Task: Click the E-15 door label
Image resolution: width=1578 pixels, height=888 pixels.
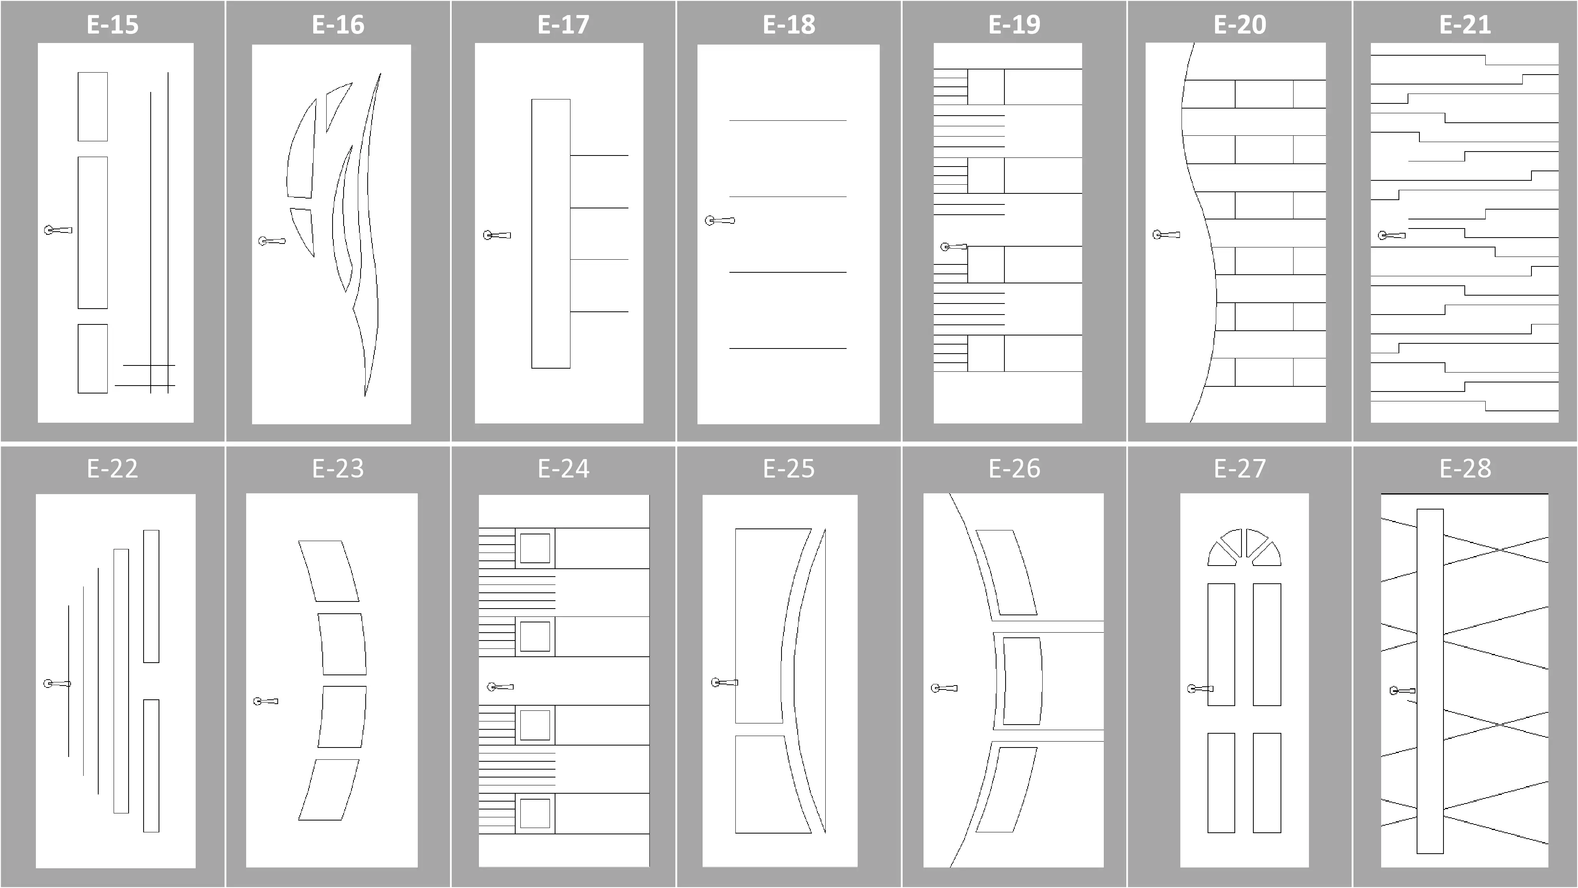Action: (113, 24)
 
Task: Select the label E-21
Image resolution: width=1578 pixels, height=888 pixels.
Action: (1465, 24)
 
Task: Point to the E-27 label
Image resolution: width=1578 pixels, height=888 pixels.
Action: (1240, 468)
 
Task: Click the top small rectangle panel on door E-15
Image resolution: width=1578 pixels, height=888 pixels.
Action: (92, 107)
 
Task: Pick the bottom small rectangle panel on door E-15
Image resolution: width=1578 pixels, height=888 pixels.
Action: (92, 358)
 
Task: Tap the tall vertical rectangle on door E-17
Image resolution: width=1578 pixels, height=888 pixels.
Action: (551, 234)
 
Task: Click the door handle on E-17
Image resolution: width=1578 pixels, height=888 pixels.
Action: (497, 235)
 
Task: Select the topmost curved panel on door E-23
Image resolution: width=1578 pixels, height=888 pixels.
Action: (328, 571)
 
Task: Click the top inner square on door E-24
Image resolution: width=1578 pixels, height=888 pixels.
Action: (535, 548)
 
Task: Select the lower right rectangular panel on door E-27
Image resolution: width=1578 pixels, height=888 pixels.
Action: (1267, 783)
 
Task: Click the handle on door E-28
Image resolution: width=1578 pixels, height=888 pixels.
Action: (1402, 691)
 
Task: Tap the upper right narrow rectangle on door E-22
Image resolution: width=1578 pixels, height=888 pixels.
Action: (151, 596)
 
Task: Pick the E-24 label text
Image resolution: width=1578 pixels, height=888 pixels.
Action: (564, 468)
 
